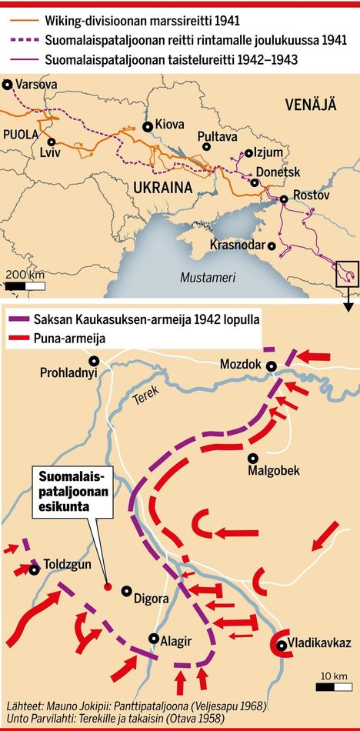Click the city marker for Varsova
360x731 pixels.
(8, 85)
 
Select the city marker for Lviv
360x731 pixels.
(52, 142)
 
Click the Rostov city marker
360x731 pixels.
(284, 199)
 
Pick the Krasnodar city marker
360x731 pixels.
(272, 245)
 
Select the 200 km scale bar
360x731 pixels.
(25, 285)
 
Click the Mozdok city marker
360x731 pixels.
(271, 367)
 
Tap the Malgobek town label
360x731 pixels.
(273, 470)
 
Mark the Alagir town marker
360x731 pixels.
(154, 639)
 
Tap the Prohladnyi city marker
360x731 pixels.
(93, 360)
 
